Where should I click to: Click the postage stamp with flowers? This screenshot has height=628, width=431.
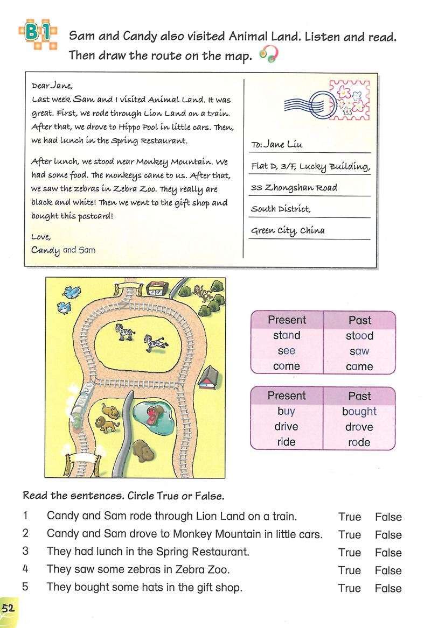[x=349, y=100]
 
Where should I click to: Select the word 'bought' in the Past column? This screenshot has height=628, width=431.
[x=359, y=412]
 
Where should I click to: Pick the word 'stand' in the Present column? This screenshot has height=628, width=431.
[x=287, y=335]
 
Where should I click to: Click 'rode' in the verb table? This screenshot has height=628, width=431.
[x=359, y=442]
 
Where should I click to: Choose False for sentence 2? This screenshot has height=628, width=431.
[x=388, y=535]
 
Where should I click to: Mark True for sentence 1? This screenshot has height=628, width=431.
[x=350, y=517]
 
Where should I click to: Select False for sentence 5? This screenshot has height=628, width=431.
[x=388, y=588]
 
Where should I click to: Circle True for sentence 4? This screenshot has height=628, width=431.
[x=350, y=570]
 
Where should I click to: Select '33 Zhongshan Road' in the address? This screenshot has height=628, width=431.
[x=294, y=188]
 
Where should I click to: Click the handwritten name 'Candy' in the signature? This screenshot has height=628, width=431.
[x=45, y=250]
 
